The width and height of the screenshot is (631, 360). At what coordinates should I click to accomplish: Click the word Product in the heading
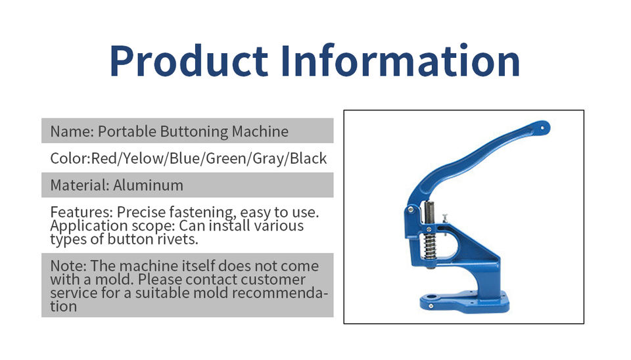pos(189,61)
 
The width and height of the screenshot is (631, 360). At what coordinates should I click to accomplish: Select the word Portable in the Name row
pos(127,131)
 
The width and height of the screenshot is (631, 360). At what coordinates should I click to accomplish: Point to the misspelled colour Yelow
pos(144,159)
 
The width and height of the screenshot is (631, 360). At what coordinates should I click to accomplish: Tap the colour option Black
pos(308,159)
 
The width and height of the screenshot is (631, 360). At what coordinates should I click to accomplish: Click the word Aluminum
pos(148,185)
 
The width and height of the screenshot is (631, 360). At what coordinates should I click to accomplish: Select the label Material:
pos(80,185)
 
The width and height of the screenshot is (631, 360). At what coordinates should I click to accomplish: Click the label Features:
pos(82,212)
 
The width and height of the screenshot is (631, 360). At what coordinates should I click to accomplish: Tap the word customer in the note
pos(273,280)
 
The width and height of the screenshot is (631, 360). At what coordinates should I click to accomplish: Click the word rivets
pos(177,239)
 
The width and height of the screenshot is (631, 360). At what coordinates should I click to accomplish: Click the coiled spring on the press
pos(430,246)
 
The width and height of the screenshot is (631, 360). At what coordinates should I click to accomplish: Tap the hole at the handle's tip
pos(542,128)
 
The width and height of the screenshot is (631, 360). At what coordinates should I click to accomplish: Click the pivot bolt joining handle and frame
pos(411,209)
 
